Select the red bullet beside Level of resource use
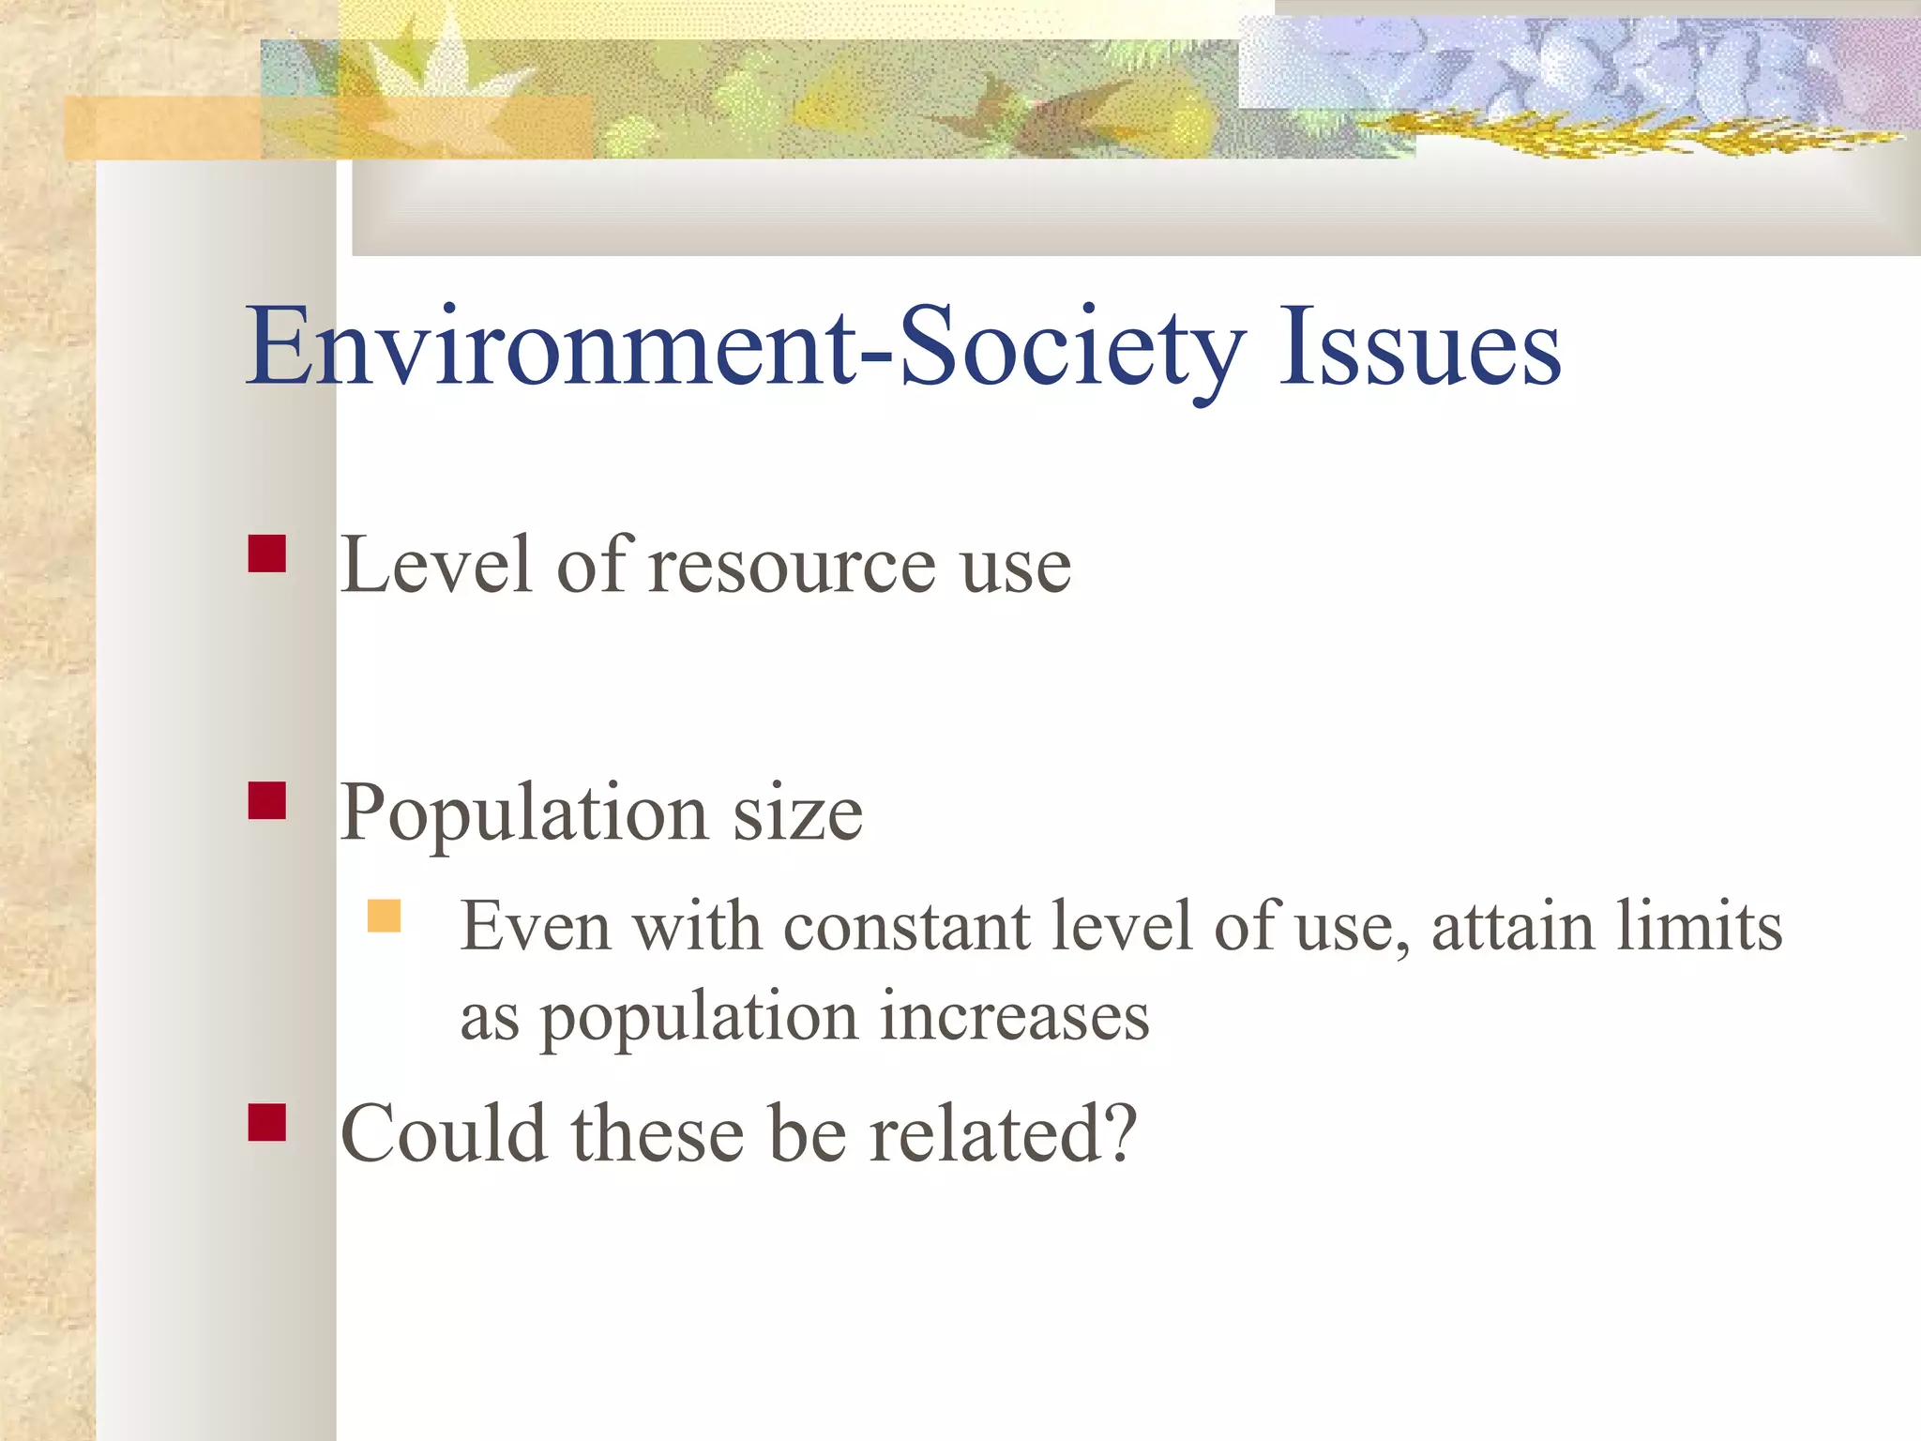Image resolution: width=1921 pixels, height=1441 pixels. click(x=267, y=554)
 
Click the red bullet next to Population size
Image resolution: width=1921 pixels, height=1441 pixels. click(x=267, y=801)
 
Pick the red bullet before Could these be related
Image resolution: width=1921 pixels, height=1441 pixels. click(x=267, y=1122)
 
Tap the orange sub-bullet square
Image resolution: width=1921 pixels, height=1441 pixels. click(x=384, y=916)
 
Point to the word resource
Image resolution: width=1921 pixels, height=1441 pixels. click(x=793, y=567)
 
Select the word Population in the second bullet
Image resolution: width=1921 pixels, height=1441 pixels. click(x=523, y=812)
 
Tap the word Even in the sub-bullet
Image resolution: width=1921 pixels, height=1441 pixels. click(x=536, y=927)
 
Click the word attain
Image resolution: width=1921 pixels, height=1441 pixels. click(x=1512, y=927)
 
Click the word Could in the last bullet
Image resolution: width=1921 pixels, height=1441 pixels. click(x=444, y=1134)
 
